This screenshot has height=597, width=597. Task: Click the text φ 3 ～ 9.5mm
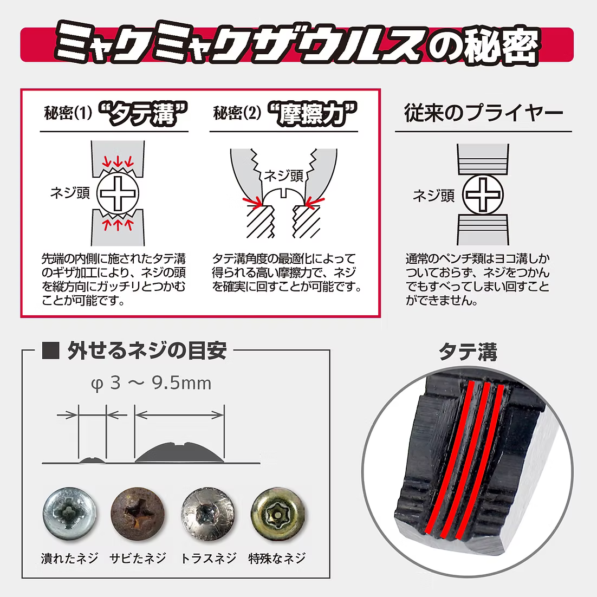pos(151,383)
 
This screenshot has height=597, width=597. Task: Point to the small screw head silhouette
pos(92,460)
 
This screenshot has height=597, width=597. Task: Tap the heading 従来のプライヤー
pos(483,113)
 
